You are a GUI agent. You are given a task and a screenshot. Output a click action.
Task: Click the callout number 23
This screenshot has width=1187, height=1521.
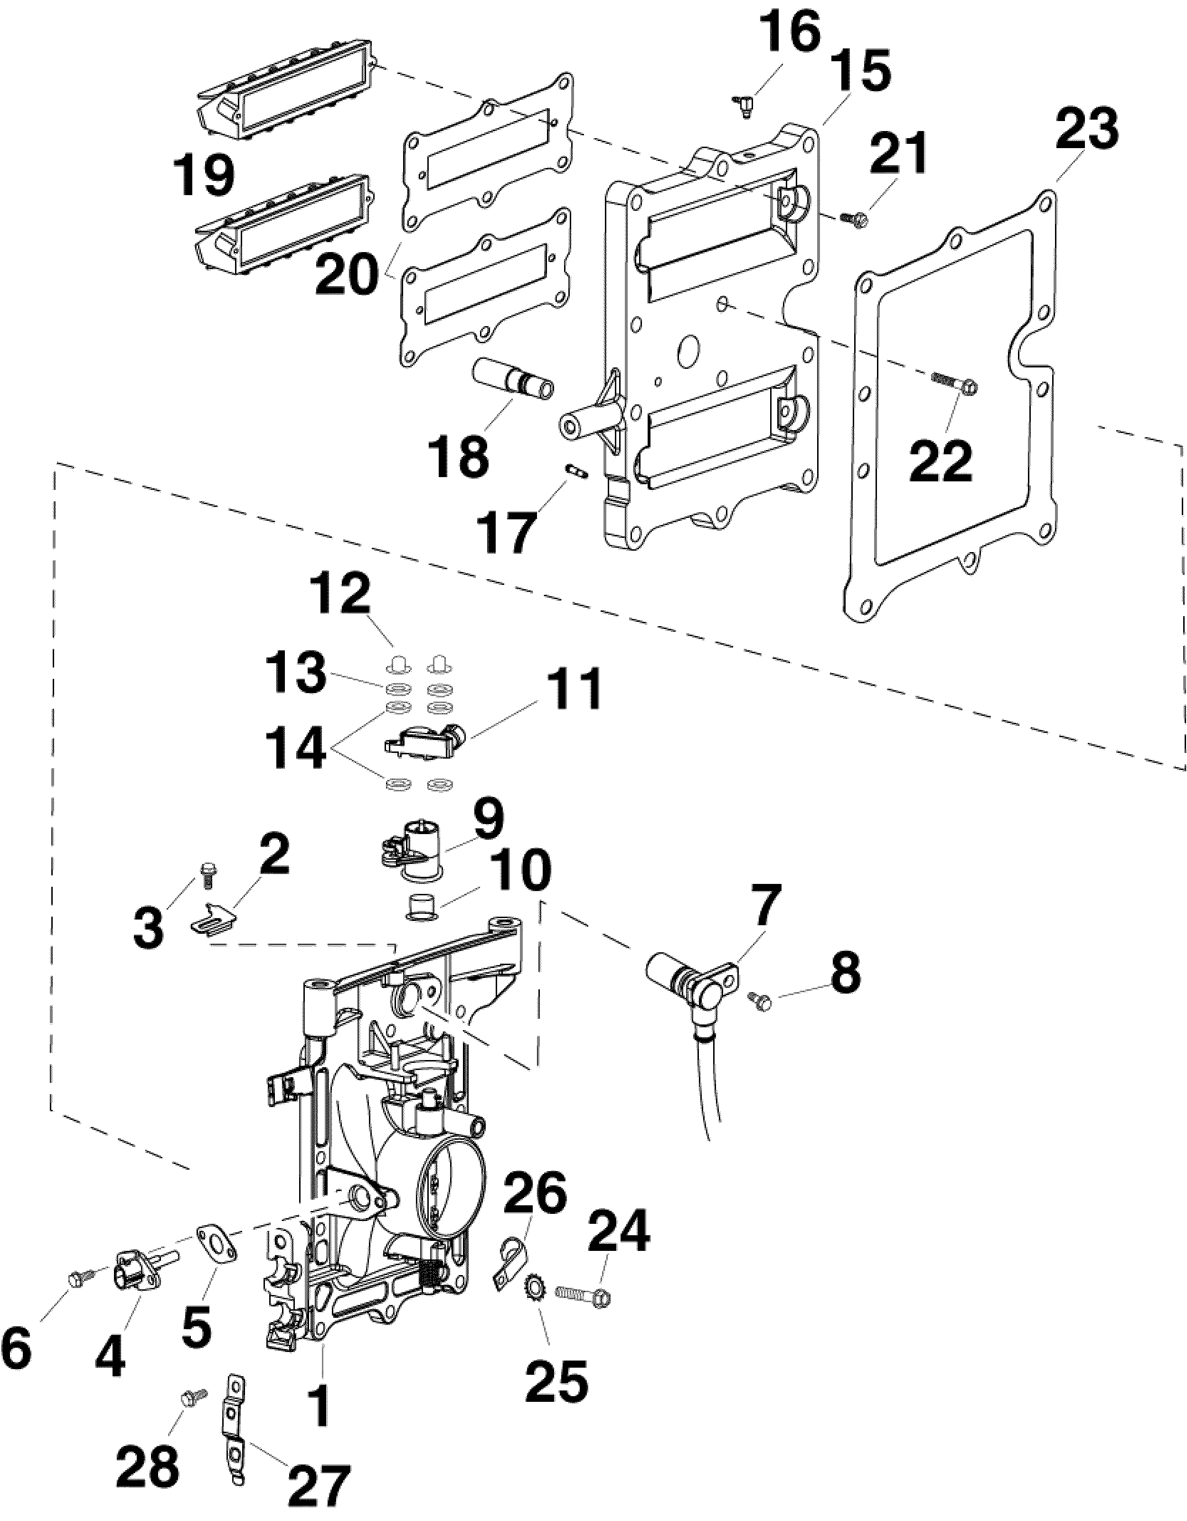point(1087,130)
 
